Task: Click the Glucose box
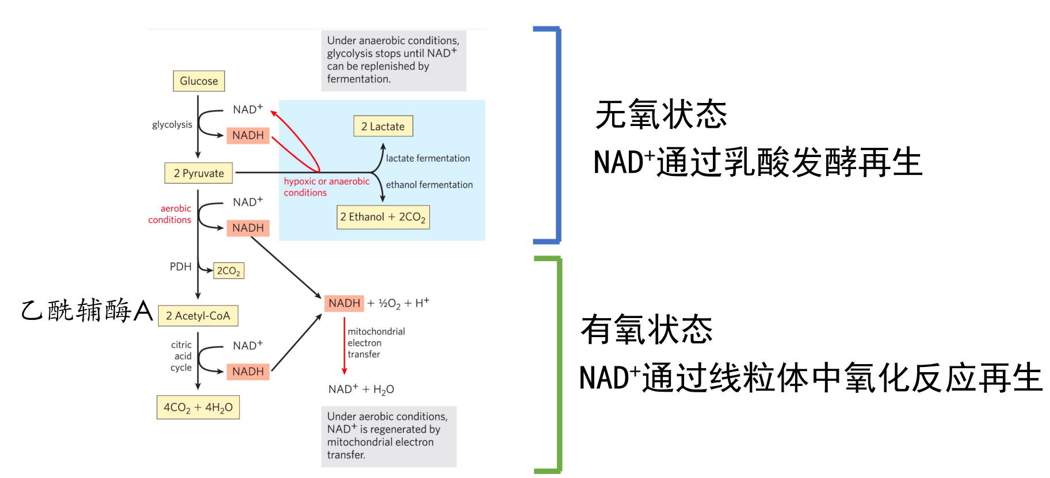pyautogui.click(x=198, y=81)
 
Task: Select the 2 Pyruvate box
pyautogui.click(x=198, y=173)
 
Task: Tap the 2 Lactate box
pyautogui.click(x=383, y=127)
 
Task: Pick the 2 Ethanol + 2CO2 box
pyautogui.click(x=383, y=217)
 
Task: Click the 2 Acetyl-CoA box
pyautogui.click(x=198, y=316)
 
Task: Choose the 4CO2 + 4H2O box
pyautogui.click(x=198, y=407)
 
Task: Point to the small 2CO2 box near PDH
pyautogui.click(x=228, y=271)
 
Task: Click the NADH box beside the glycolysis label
pyautogui.click(x=248, y=136)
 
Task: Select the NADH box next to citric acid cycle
pyautogui.click(x=248, y=372)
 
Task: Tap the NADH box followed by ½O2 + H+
pyautogui.click(x=344, y=303)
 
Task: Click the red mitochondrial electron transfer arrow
pyautogui.click(x=344, y=345)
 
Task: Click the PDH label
pyautogui.click(x=180, y=267)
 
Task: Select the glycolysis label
pyautogui.click(x=172, y=125)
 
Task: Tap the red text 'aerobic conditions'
pyautogui.click(x=170, y=214)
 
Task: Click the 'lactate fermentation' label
pyautogui.click(x=427, y=158)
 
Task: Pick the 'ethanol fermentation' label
pyautogui.click(x=429, y=185)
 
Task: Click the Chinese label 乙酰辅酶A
pyautogui.click(x=87, y=311)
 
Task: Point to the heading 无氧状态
pyautogui.click(x=661, y=114)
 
